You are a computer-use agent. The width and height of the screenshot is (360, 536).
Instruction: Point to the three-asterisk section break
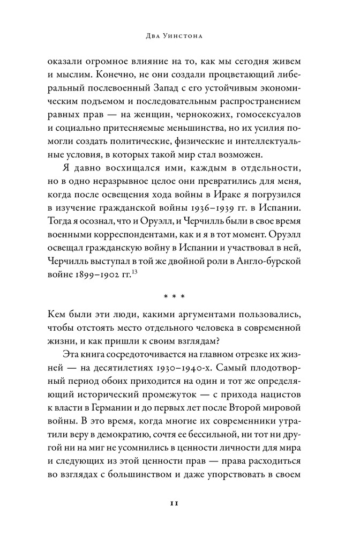pos(180,295)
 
